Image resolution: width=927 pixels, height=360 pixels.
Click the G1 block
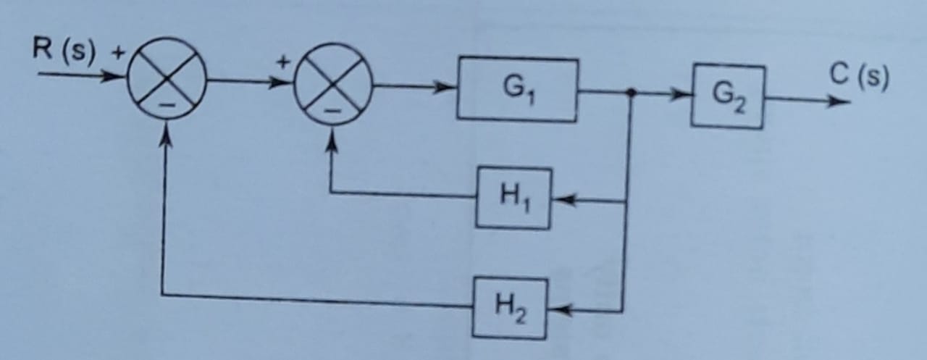pyautogui.click(x=517, y=89)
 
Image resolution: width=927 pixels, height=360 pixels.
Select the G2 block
pyautogui.click(x=727, y=96)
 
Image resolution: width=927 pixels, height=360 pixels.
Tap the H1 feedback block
pyautogui.click(x=513, y=198)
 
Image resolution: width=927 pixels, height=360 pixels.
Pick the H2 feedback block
pyautogui.click(x=509, y=308)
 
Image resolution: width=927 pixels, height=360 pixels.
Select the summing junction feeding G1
pyautogui.click(x=332, y=84)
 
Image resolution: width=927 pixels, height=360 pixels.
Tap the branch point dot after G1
pyautogui.click(x=631, y=93)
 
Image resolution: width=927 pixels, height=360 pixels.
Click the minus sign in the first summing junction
pyautogui.click(x=167, y=106)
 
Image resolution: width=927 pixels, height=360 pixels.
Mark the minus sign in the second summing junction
pyautogui.click(x=331, y=112)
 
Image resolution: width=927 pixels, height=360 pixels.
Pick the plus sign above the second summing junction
pyautogui.click(x=285, y=62)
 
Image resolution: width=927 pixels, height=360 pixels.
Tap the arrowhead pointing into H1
pyautogui.click(x=563, y=201)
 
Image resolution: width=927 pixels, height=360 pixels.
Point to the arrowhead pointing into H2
pyautogui.click(x=558, y=311)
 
